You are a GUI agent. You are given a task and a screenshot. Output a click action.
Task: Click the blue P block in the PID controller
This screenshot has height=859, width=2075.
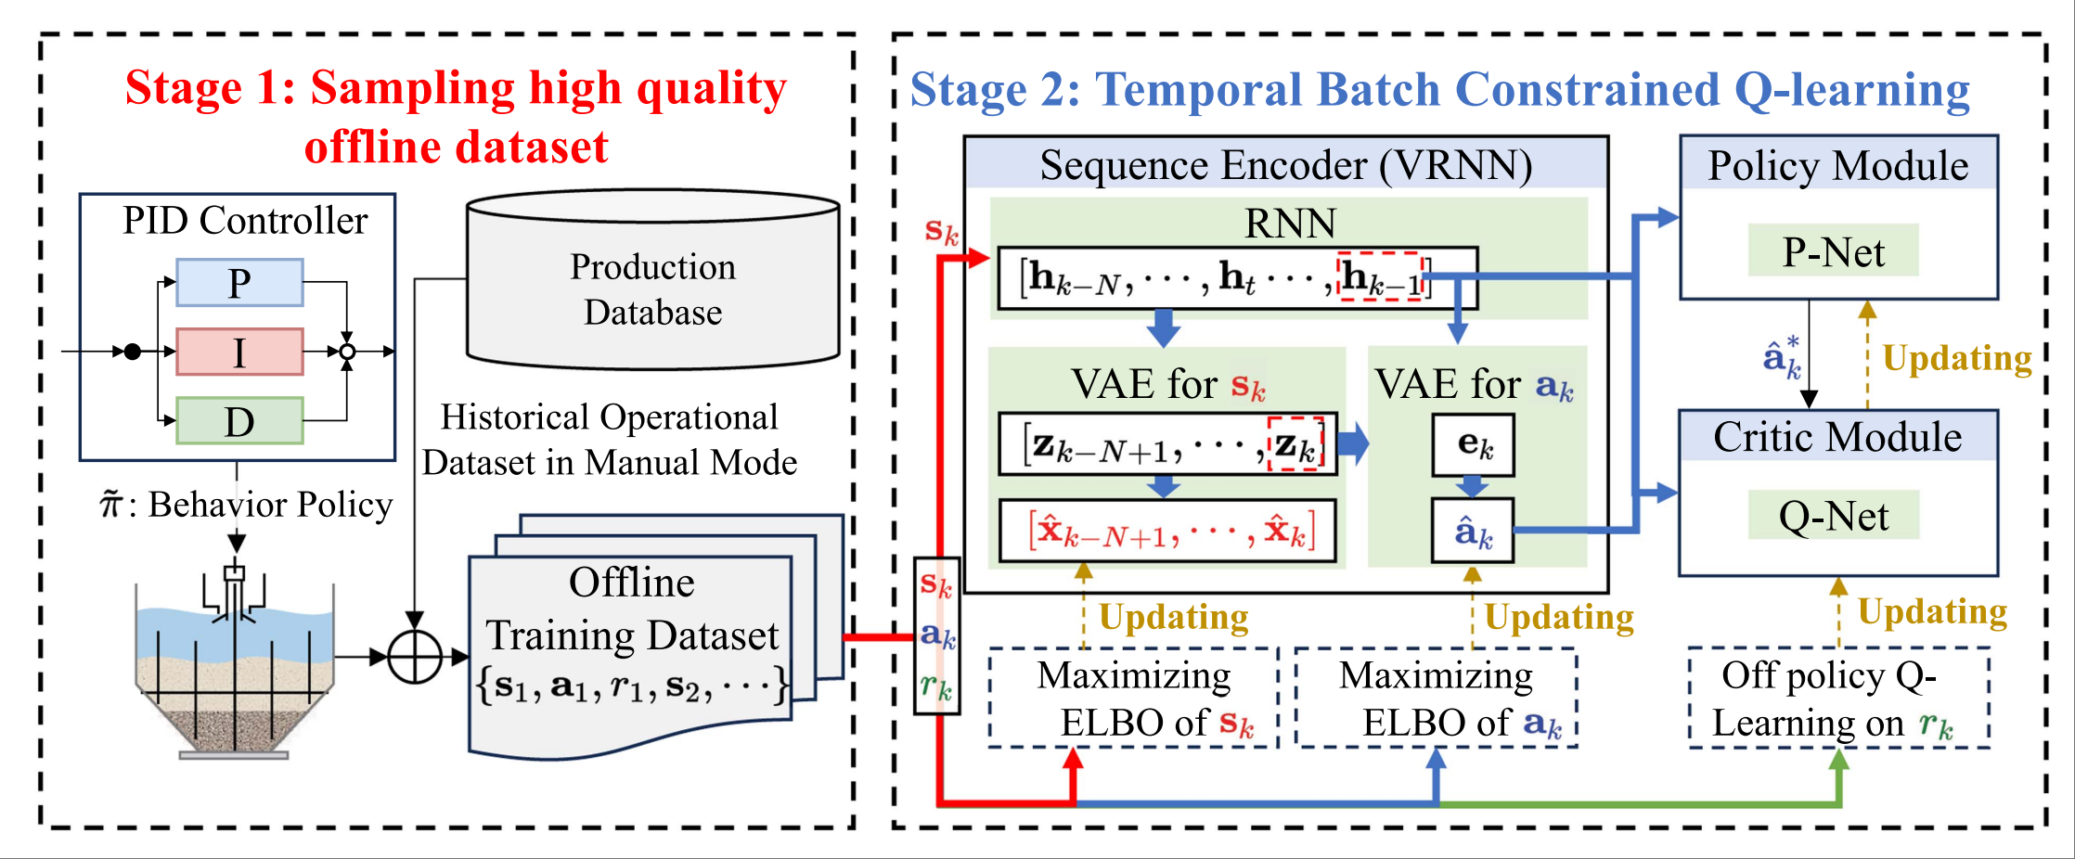[239, 283]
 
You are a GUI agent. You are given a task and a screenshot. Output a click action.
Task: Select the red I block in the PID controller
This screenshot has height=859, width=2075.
[239, 352]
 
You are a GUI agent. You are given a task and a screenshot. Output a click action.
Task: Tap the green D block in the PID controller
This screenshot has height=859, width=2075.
[239, 421]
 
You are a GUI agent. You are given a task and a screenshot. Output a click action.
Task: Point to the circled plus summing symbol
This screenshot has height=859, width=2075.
[414, 658]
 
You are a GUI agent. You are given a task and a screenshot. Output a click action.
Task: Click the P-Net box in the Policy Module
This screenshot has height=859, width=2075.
[1833, 251]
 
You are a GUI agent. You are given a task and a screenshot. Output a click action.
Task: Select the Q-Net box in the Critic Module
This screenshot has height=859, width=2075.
[1833, 516]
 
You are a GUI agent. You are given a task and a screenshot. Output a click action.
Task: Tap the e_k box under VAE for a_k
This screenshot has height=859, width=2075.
[1474, 445]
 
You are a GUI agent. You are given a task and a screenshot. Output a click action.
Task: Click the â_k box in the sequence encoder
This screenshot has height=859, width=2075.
[1473, 532]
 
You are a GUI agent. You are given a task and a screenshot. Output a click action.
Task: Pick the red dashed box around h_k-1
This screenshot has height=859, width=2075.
[1381, 276]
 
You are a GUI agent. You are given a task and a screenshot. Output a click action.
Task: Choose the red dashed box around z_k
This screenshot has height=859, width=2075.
[1295, 444]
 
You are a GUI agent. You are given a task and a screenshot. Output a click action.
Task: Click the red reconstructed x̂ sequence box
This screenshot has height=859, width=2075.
[1168, 532]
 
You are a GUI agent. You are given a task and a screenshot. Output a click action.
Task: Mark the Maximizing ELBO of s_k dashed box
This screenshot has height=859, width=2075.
[1134, 698]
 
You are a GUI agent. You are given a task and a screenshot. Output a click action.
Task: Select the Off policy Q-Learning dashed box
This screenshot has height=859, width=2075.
[1839, 698]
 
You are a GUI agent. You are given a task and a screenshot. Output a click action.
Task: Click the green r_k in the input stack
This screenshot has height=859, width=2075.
[936, 686]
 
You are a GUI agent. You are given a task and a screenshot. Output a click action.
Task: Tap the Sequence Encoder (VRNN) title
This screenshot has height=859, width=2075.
[1285, 165]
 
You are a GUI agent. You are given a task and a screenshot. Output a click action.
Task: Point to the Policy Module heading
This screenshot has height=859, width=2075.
[1837, 165]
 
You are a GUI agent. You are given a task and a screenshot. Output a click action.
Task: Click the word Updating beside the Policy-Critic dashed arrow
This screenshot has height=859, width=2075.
[1956, 358]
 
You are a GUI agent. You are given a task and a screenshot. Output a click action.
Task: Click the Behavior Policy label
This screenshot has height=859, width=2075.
[247, 505]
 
